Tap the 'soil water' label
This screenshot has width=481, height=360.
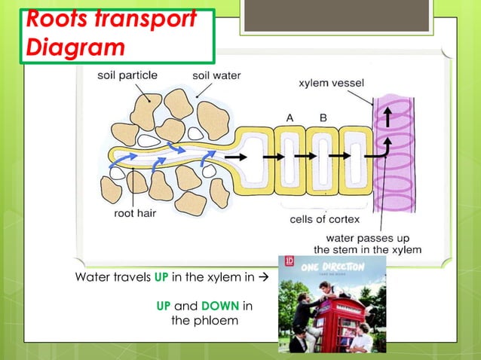pos(216,76)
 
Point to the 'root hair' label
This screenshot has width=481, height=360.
pos(136,214)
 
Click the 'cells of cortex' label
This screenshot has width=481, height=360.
pos(325,219)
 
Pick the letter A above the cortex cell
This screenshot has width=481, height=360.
pos(290,117)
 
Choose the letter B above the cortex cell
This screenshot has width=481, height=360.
pos(323,117)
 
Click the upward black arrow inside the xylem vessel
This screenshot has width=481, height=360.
pos(388,117)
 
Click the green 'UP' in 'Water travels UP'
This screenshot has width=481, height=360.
pos(161,277)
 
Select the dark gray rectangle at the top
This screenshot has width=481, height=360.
pos(336,16)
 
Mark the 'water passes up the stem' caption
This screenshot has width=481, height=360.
pos(367,243)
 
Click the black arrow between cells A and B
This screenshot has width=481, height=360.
pos(305,156)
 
